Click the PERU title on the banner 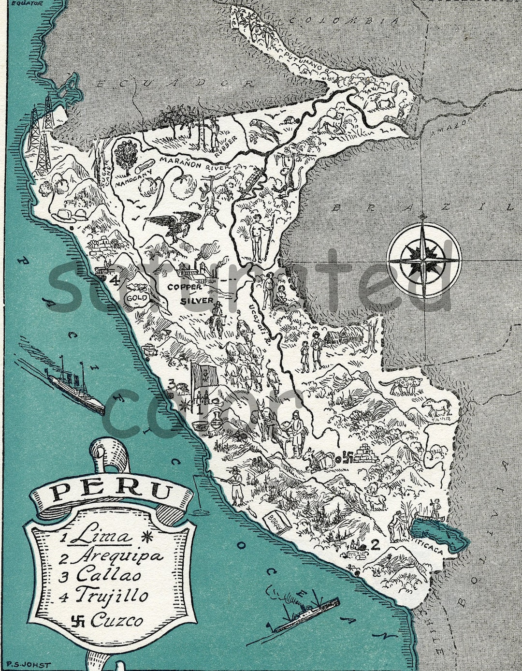coord(112,492)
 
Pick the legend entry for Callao coord(109,575)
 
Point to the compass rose coord(424,261)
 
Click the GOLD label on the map coord(137,298)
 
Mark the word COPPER coord(185,287)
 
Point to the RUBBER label coord(226,145)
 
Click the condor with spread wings coord(173,223)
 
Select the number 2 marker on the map coord(374,545)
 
